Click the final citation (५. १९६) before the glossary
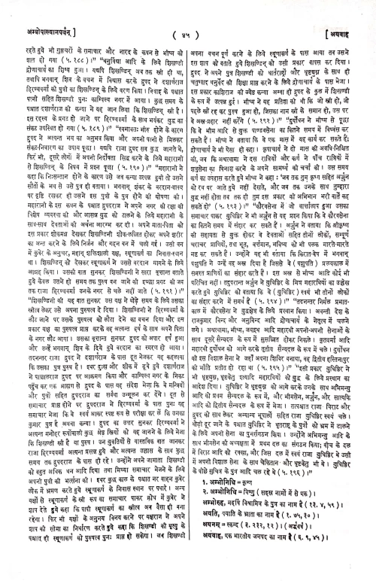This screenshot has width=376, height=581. (311, 467)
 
